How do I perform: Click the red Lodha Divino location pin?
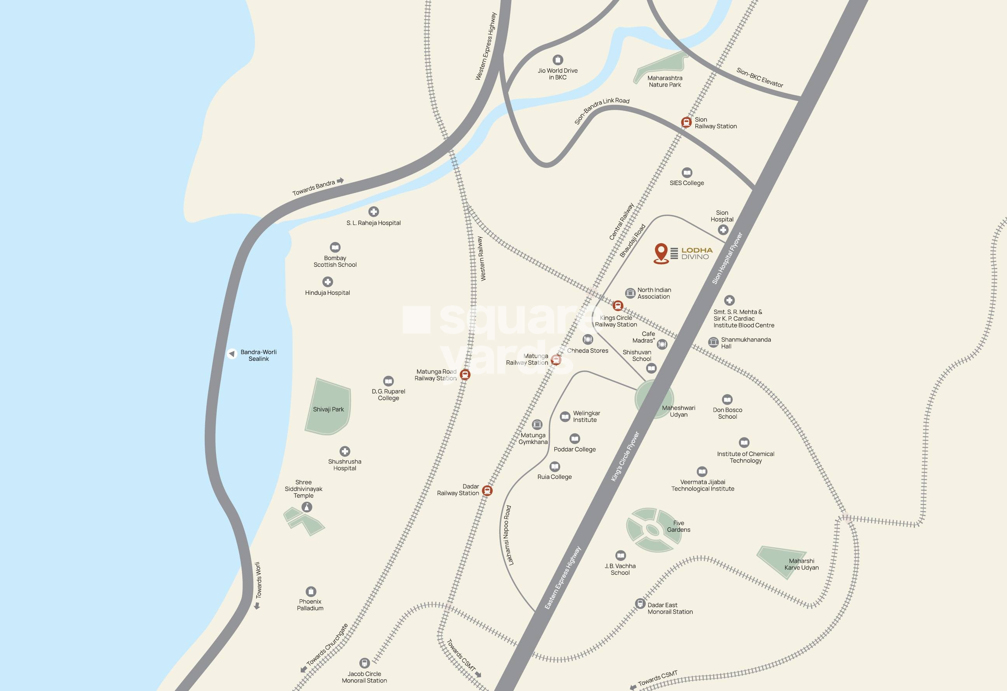click(x=661, y=252)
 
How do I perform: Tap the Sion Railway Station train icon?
click(x=686, y=122)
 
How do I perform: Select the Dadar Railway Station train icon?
click(x=488, y=491)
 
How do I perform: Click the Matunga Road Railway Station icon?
click(x=465, y=374)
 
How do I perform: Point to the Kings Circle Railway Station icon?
click(x=618, y=306)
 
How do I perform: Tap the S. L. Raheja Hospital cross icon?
click(x=373, y=211)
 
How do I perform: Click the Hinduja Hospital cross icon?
click(x=328, y=282)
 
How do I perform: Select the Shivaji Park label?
click(x=328, y=409)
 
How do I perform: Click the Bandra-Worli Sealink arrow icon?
click(x=232, y=353)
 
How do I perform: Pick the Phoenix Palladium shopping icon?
click(x=311, y=591)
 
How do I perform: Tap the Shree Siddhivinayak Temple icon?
click(x=307, y=507)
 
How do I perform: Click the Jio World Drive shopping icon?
click(x=558, y=59)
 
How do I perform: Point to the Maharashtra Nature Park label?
click(x=665, y=82)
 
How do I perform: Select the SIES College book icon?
click(x=687, y=172)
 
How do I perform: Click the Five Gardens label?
click(x=679, y=526)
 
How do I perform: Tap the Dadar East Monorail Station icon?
click(x=640, y=603)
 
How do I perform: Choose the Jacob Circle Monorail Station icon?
click(x=364, y=663)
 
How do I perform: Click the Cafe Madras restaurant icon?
click(x=662, y=344)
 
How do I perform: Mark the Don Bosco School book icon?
click(x=727, y=399)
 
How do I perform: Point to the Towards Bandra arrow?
click(x=341, y=181)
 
